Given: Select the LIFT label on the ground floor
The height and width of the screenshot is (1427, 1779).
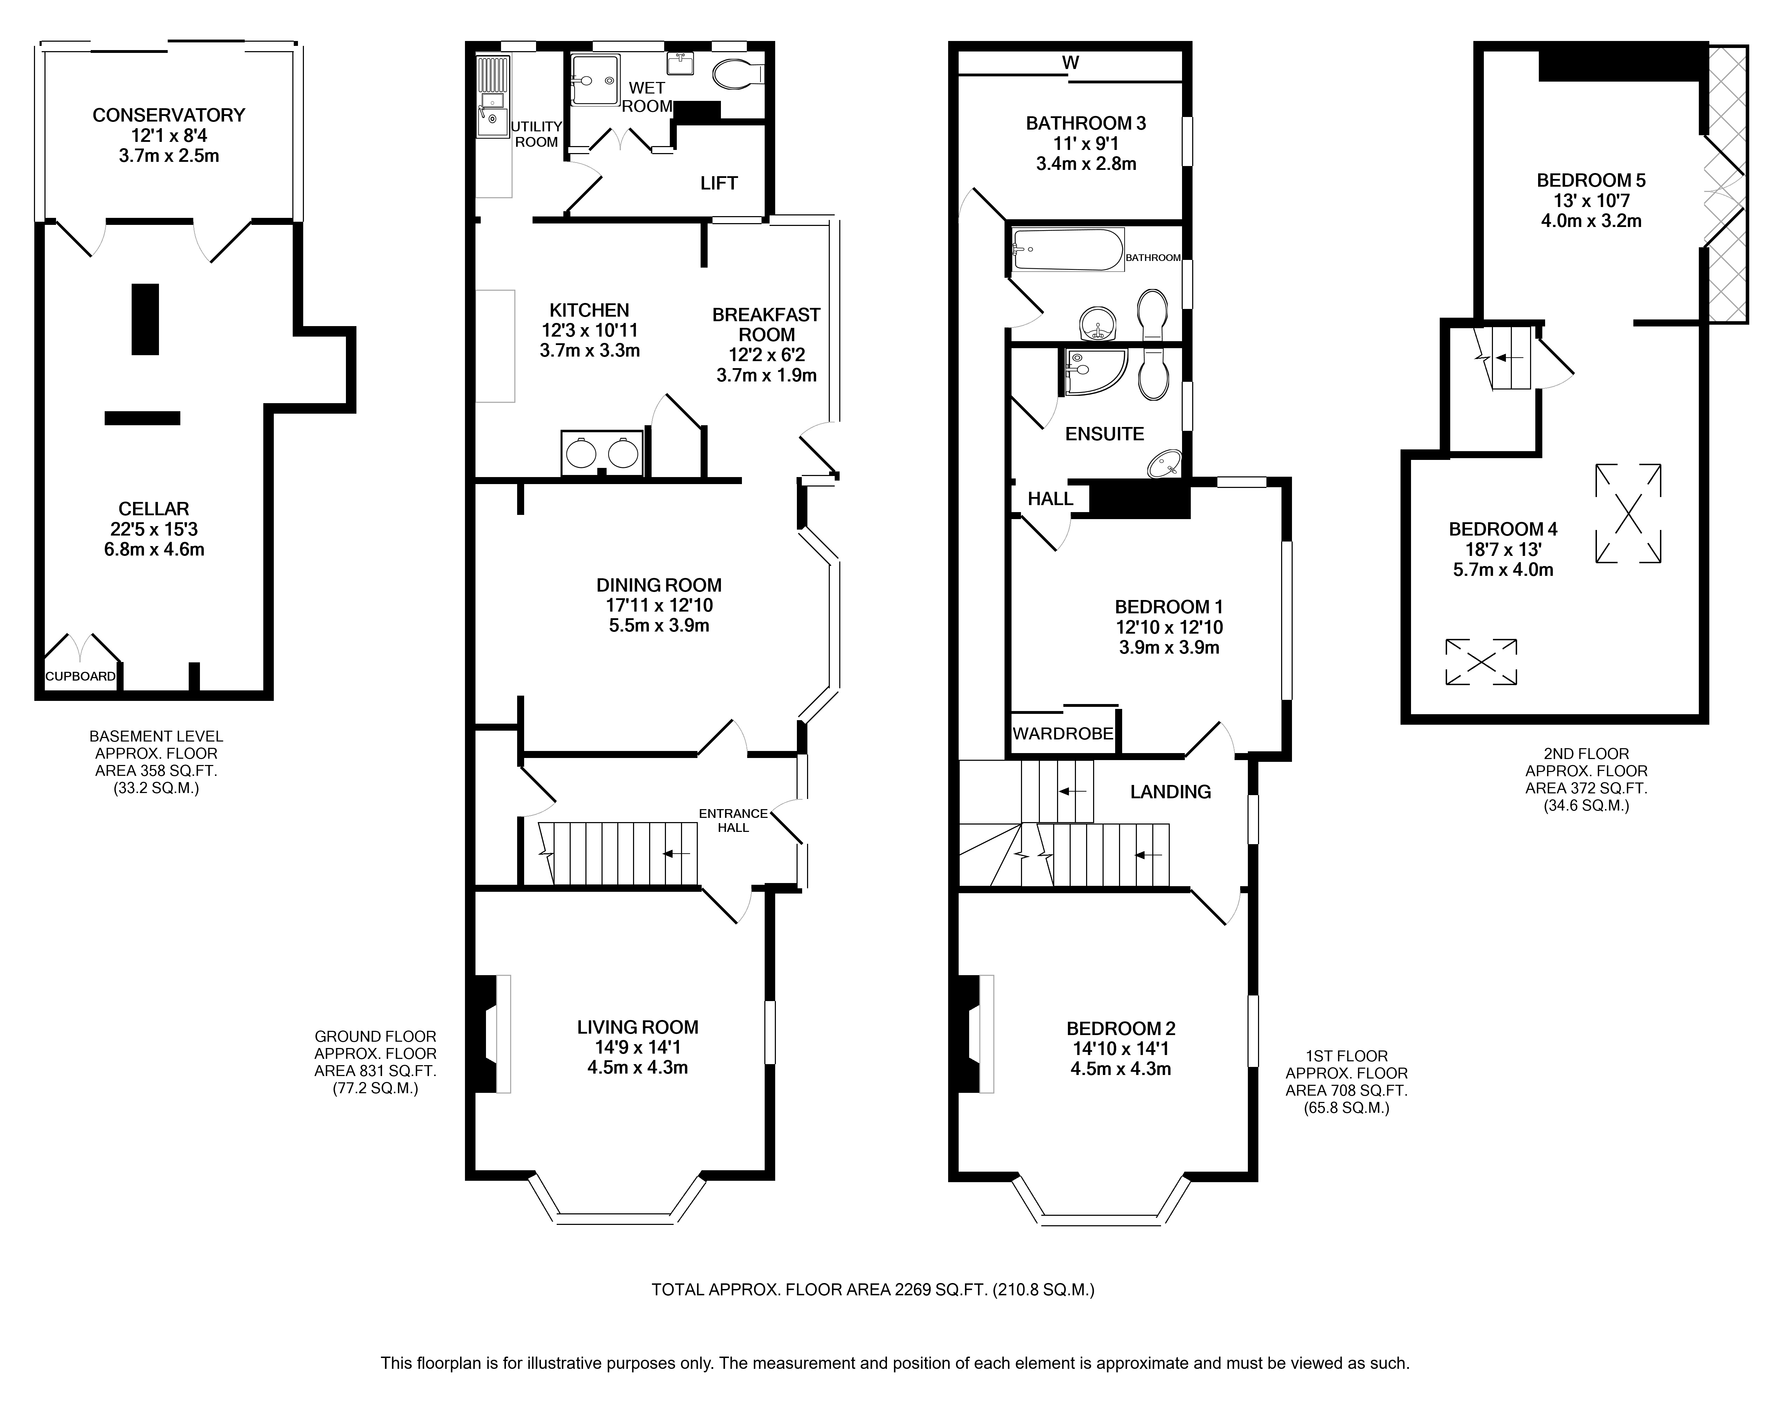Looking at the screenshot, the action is click(x=719, y=183).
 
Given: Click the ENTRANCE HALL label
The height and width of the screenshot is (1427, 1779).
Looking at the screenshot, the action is click(x=734, y=820).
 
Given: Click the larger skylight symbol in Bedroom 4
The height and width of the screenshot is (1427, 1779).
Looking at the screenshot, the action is click(x=1628, y=513).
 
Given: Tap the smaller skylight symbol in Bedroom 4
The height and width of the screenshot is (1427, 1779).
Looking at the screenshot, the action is click(x=1481, y=662).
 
